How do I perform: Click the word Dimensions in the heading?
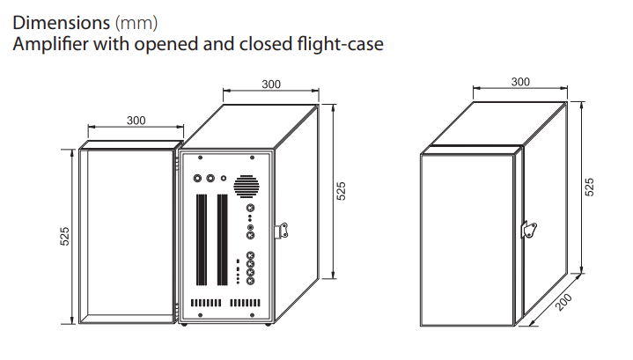point(61,23)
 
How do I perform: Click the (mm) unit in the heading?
point(136,24)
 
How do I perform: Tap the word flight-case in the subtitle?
point(340,44)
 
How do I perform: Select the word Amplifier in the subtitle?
point(50,44)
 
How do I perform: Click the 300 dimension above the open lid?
point(136,121)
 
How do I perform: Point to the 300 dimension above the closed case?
point(520,82)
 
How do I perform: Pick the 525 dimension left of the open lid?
point(64,237)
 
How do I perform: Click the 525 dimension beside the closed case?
point(589,187)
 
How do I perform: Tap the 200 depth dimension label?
point(563,303)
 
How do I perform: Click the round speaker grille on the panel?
point(247,187)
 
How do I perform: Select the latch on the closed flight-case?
point(529,230)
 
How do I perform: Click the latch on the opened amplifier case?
point(281,231)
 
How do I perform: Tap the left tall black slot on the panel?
point(202,240)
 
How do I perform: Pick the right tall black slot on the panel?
point(223,240)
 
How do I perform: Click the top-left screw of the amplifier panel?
point(200,158)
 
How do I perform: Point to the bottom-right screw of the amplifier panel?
point(253,315)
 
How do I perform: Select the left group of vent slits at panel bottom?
point(206,303)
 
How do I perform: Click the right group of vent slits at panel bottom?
point(245,303)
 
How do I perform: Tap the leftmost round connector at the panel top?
point(197,178)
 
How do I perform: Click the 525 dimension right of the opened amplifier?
point(341,191)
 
